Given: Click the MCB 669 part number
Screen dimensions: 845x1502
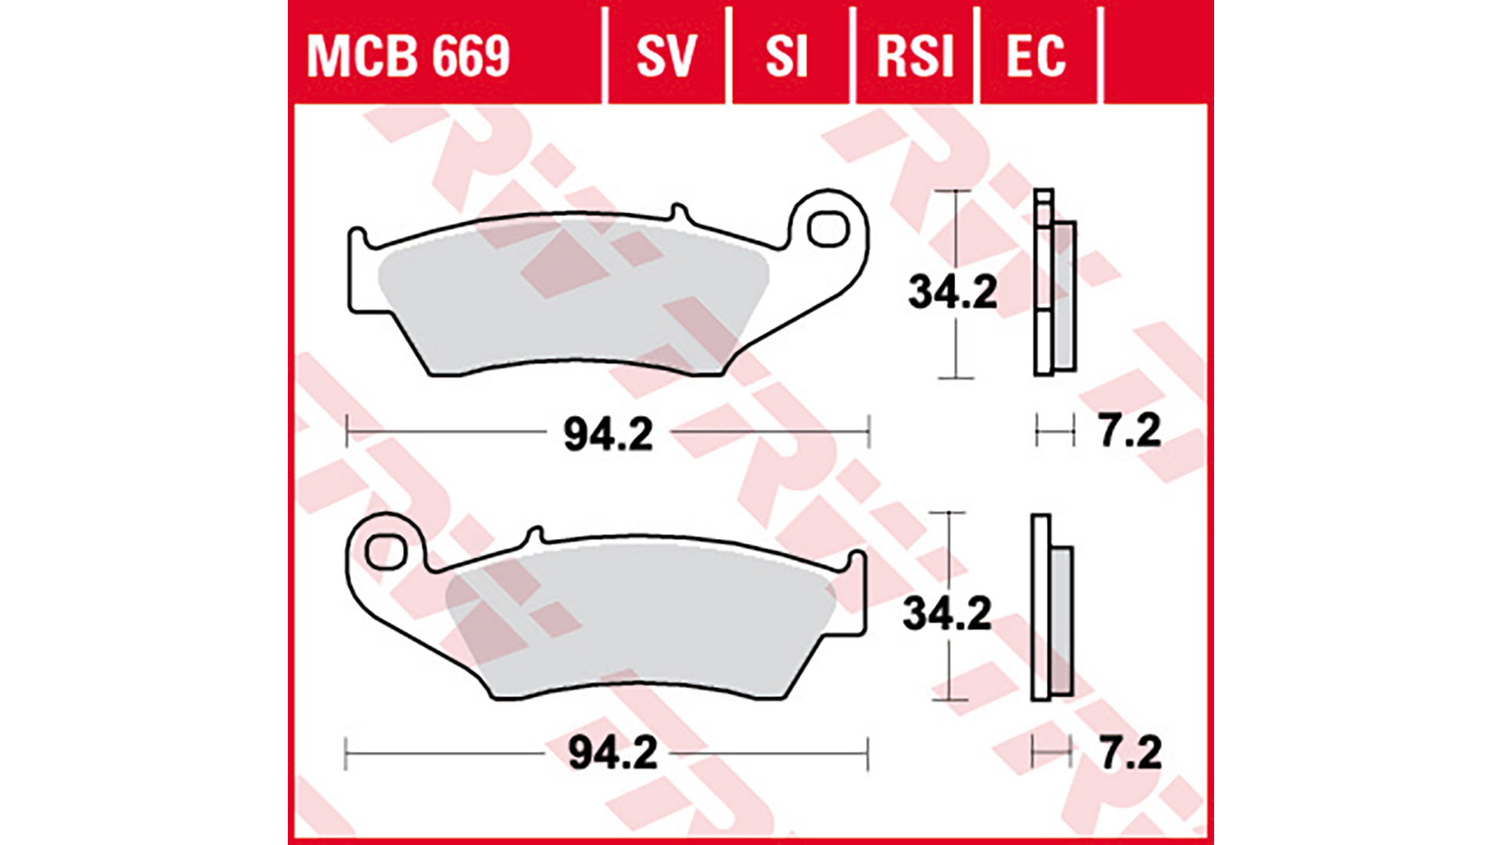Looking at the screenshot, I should [408, 56].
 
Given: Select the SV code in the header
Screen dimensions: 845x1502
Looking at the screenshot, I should [666, 56].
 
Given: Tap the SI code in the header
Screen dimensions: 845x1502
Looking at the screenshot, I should [785, 56].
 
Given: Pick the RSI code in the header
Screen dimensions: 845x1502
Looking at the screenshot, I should [914, 56].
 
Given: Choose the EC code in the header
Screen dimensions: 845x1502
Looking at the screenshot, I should [1036, 56].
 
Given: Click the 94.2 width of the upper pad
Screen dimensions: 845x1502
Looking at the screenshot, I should [608, 434].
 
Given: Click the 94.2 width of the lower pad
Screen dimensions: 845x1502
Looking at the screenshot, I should [612, 753].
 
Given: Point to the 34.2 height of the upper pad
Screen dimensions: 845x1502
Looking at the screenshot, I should [952, 292].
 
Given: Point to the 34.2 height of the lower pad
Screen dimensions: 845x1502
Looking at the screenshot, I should [947, 613].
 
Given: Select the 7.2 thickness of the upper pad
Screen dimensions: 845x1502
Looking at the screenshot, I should [1130, 431].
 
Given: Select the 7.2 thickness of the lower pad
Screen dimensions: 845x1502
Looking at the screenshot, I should [1130, 753].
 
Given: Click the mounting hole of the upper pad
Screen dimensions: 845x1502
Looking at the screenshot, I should [828, 229].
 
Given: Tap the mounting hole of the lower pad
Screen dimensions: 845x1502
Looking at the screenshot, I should [384, 552].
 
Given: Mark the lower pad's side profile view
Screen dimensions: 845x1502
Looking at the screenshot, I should [1051, 608].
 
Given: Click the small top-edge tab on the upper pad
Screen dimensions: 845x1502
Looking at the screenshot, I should [679, 214].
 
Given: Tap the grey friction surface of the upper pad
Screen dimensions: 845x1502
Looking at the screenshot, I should [571, 297].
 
